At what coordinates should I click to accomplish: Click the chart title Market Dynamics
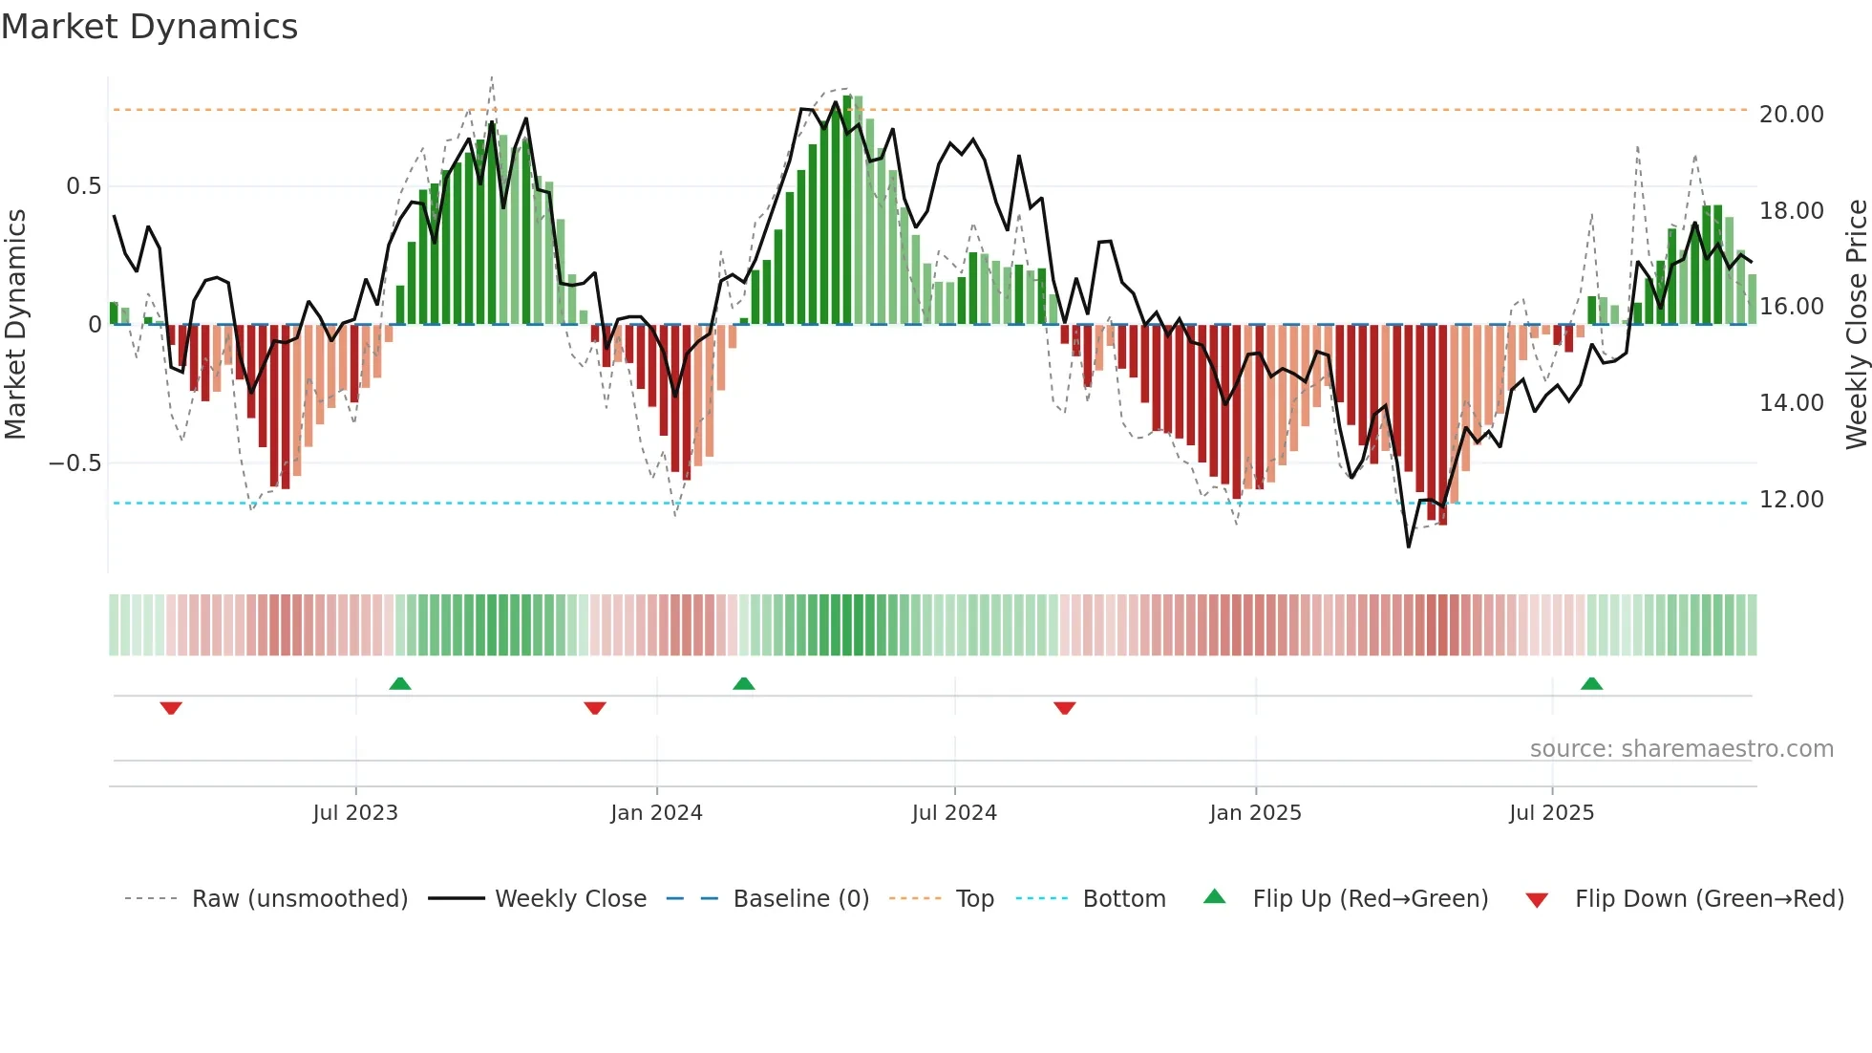149,27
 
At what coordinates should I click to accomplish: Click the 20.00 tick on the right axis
1791,114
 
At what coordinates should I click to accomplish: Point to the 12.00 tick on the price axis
1791,499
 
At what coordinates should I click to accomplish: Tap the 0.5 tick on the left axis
83,185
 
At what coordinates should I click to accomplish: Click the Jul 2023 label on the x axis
355,812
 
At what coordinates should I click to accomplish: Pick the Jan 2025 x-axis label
1255,812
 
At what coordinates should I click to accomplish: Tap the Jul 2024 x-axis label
954,812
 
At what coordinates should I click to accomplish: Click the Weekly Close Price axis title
1856,325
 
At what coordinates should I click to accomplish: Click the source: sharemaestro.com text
1681,748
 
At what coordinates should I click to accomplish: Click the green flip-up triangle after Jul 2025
1591,683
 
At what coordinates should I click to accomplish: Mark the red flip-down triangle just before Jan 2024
595,708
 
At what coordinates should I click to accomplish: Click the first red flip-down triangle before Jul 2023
171,708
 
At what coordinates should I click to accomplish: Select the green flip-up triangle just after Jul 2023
400,683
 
